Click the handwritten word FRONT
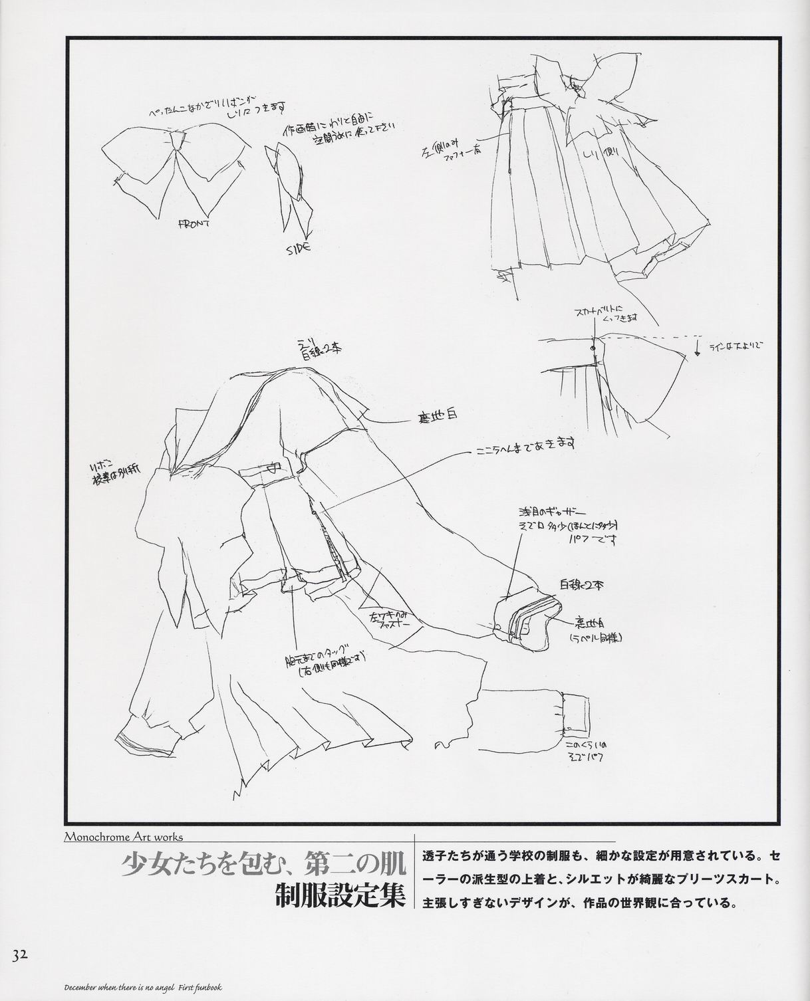tap(194, 224)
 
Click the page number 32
tap(19, 955)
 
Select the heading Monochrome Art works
tap(123, 837)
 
